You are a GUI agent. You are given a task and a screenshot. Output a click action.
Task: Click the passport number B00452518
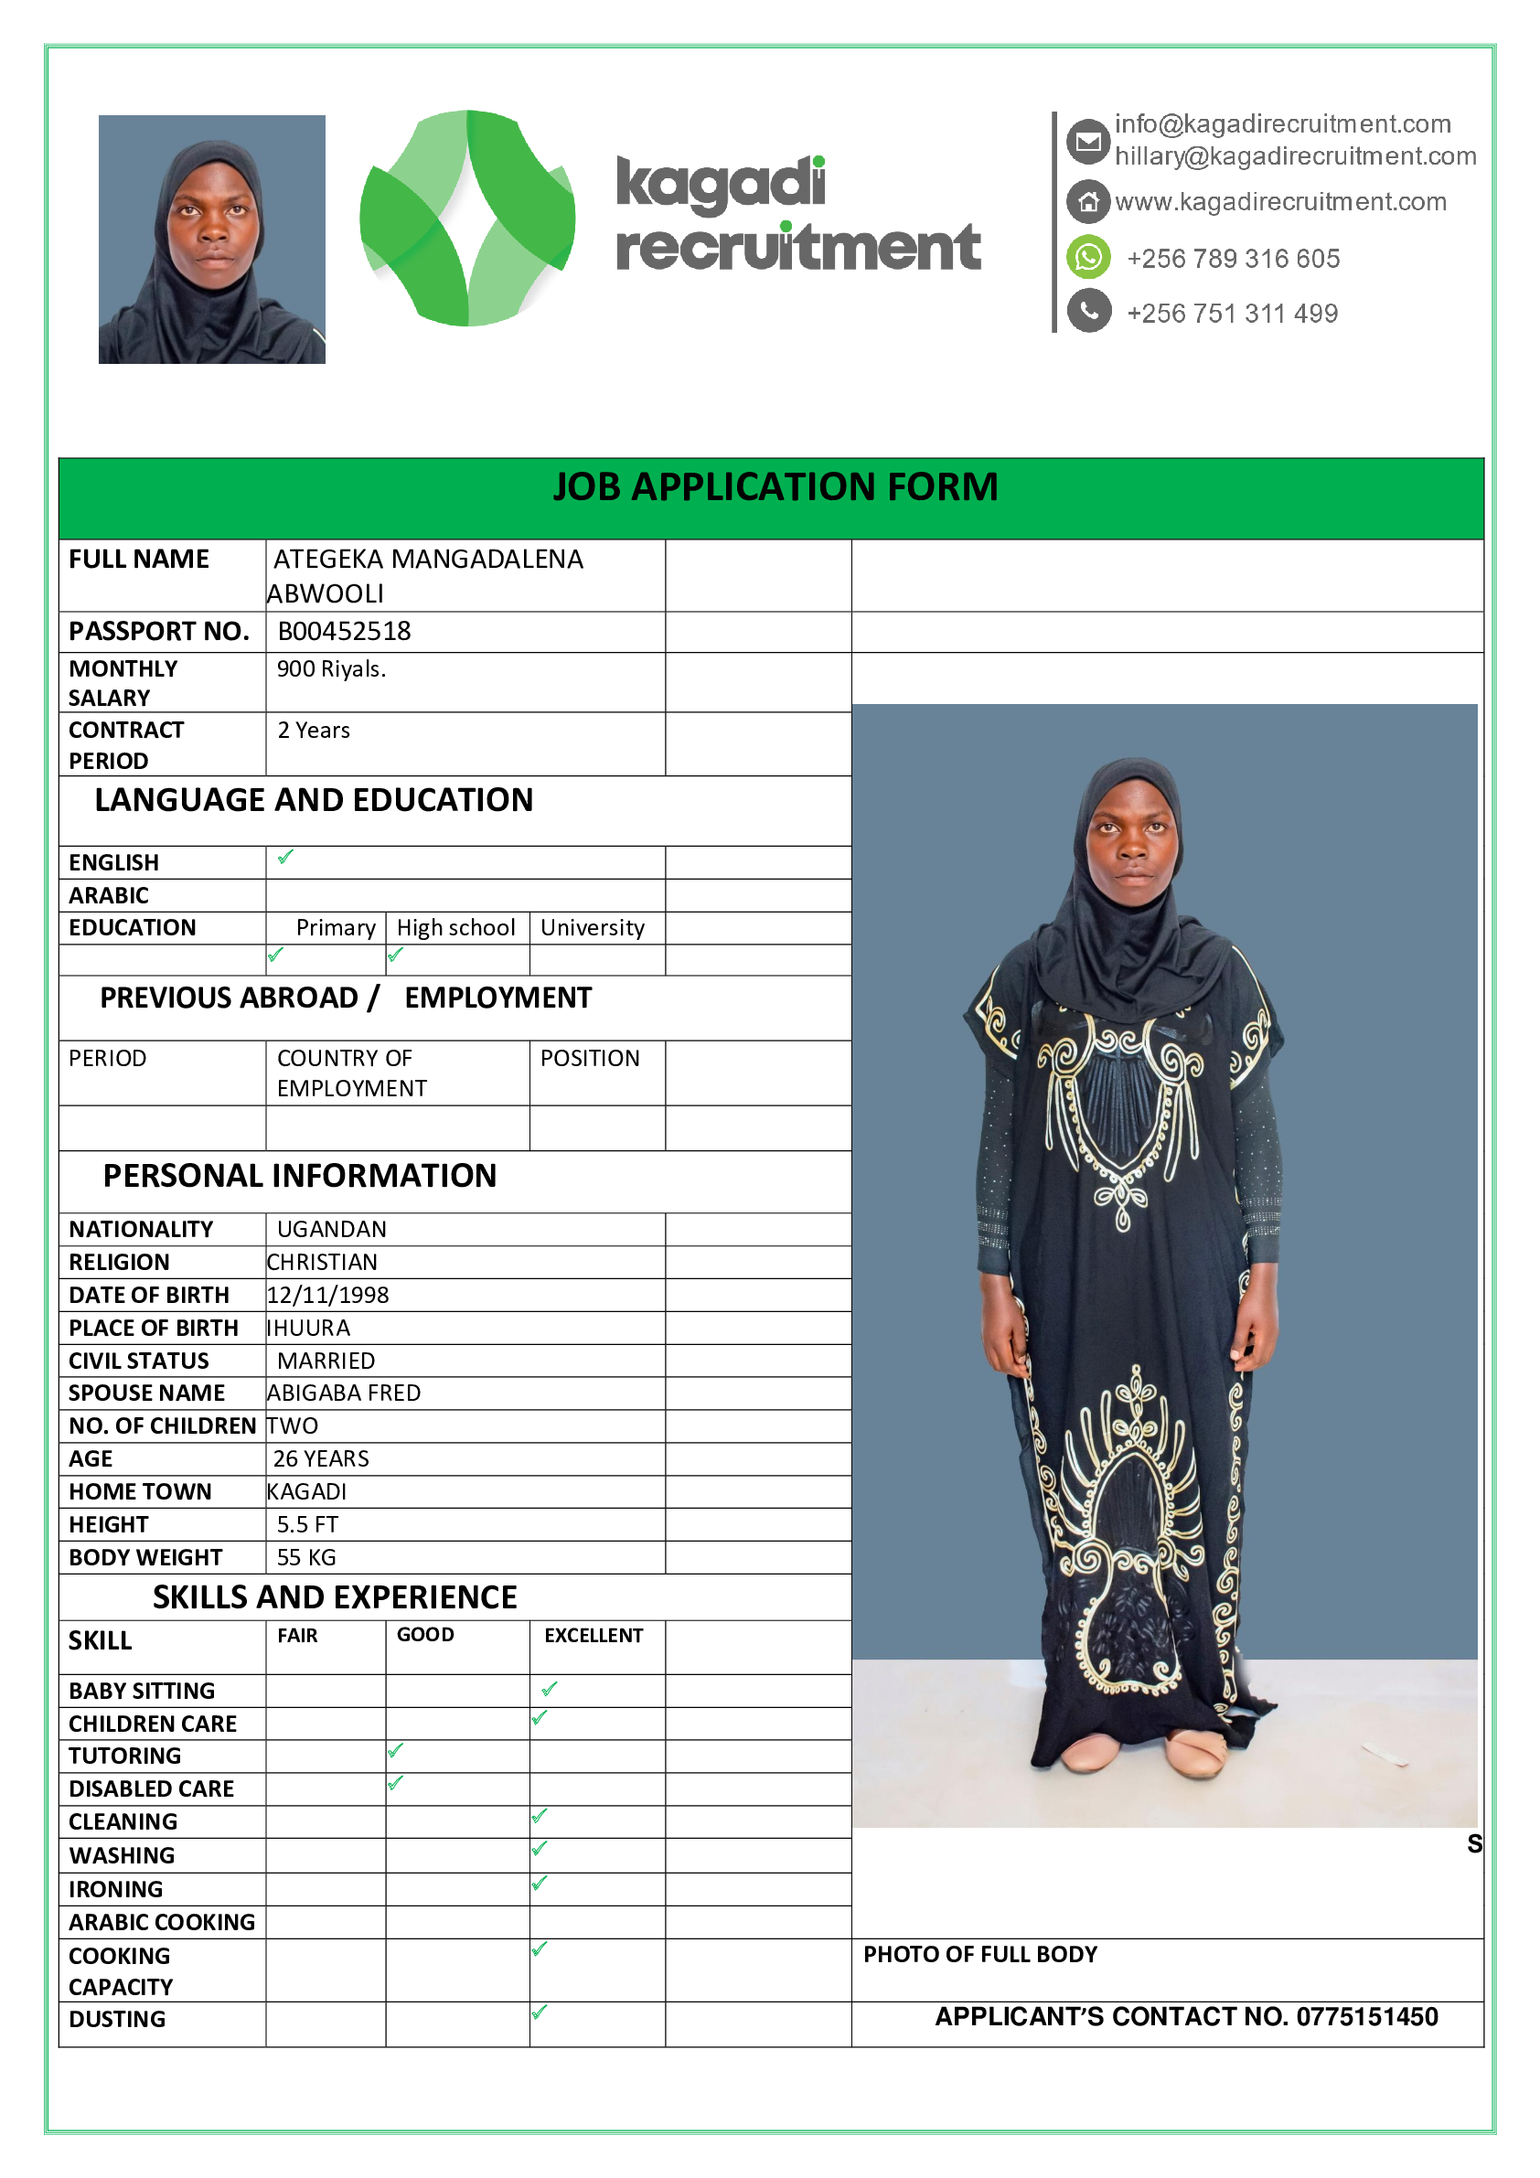pos(344,631)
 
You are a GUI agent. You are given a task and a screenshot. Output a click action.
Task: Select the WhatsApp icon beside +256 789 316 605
pos(1088,257)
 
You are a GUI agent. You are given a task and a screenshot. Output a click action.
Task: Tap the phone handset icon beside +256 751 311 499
pos(1088,311)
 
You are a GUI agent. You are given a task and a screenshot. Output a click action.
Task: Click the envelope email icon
pos(1088,142)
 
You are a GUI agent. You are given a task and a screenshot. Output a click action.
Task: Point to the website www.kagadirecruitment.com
pos(1280,201)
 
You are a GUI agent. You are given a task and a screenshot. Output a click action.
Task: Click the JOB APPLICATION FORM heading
pos(775,486)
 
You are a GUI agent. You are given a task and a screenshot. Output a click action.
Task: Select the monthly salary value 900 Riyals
pos(331,668)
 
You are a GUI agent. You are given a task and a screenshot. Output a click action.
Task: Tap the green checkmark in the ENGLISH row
pos(285,858)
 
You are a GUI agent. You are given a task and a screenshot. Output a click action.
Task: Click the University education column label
pos(592,928)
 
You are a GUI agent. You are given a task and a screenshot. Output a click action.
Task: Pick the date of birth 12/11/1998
pos(328,1295)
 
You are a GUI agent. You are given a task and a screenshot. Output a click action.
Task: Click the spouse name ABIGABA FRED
pos(344,1393)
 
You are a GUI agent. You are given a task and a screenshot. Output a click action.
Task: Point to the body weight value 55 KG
pos(305,1558)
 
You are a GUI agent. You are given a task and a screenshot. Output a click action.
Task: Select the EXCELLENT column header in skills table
pos(593,1636)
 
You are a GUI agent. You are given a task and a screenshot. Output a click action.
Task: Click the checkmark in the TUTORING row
pos(396,1751)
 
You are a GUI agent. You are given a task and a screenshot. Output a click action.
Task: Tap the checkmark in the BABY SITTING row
pos(550,1690)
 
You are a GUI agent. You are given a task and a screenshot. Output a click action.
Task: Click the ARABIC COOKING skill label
pos(161,1922)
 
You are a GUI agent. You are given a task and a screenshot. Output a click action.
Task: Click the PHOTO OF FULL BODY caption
pos(979,1954)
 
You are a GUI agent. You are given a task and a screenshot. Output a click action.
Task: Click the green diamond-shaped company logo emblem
pos(466,219)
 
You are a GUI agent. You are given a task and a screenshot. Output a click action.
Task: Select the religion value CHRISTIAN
pos(323,1262)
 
